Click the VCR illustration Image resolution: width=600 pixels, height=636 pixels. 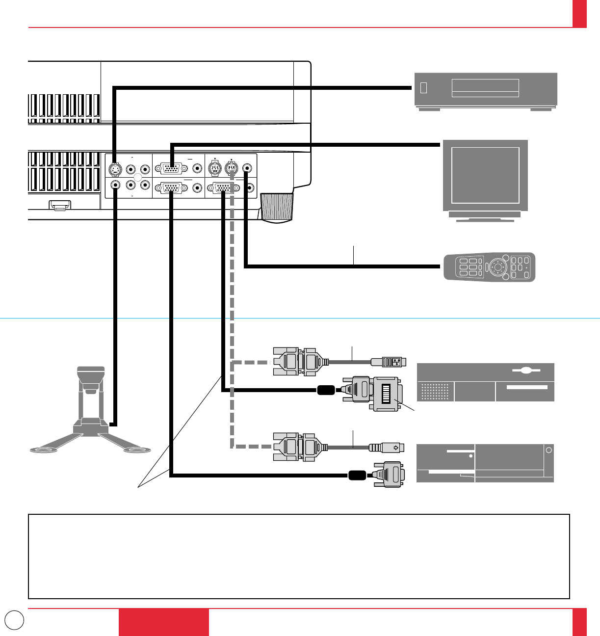point(486,90)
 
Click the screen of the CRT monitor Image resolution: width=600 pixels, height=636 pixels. point(485,175)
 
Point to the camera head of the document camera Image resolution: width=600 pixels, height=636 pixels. point(91,377)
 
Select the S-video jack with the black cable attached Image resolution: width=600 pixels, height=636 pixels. point(114,169)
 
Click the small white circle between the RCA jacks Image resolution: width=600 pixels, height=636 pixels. point(138,178)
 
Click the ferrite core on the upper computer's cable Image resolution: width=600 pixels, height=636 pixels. point(326,390)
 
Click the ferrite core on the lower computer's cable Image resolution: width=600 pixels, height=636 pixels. point(357,475)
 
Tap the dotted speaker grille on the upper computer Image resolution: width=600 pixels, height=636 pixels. point(435,392)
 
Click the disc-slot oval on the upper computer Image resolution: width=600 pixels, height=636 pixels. point(526,371)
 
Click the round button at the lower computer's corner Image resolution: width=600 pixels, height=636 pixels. point(549,450)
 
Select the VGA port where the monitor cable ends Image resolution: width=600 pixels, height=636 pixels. point(170,168)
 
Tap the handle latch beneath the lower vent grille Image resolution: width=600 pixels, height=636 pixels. point(60,205)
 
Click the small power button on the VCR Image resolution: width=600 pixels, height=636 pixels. point(424,88)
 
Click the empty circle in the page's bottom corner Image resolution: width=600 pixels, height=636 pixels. point(15,619)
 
